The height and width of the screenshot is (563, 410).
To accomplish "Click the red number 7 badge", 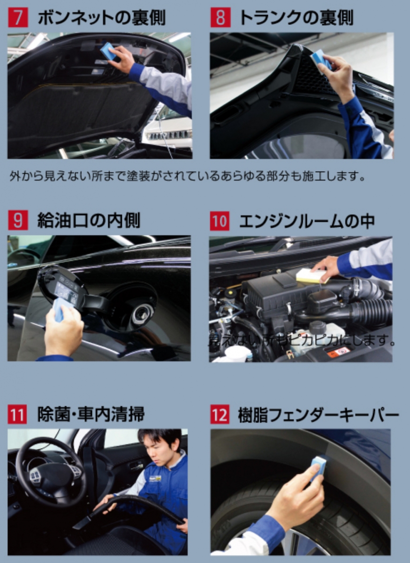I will coord(17,18).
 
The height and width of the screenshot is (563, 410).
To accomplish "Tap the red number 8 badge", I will coord(220,18).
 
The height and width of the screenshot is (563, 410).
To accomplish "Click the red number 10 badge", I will coord(220,221).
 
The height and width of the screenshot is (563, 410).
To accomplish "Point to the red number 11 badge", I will coord(17,415).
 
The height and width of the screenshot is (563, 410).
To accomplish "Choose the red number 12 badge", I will coord(220,415).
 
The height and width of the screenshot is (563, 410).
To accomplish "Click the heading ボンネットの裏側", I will coord(101,18).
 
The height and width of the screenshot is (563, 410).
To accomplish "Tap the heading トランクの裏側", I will coord(296,18).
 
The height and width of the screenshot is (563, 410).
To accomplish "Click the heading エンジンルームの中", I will coord(307,221).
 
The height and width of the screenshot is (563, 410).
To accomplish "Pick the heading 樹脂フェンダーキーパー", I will coord(319,415).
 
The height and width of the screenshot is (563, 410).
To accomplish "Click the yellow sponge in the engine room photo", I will coord(311,276).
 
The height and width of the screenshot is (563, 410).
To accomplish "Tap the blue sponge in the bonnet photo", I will coord(109,51).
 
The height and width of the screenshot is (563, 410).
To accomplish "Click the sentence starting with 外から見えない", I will coord(187,177).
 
